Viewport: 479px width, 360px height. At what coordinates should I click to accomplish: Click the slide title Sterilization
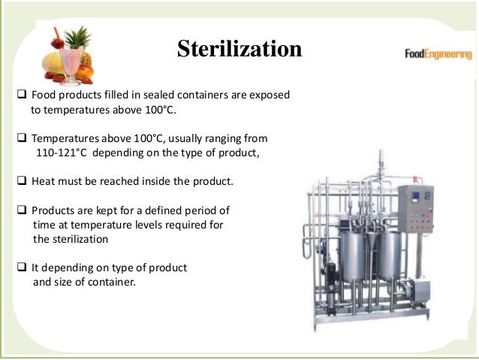pos(239,50)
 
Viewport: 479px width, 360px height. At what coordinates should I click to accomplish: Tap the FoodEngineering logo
pos(438,55)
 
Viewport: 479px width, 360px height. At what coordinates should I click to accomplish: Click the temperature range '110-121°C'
pos(66,153)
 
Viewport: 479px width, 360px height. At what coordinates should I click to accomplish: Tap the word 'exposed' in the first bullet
pos(268,96)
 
